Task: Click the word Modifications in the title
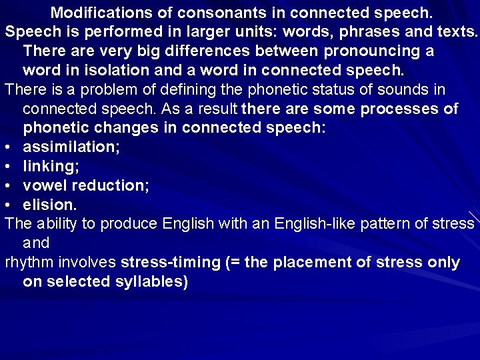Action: (x=101, y=13)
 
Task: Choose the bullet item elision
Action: (x=50, y=204)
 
